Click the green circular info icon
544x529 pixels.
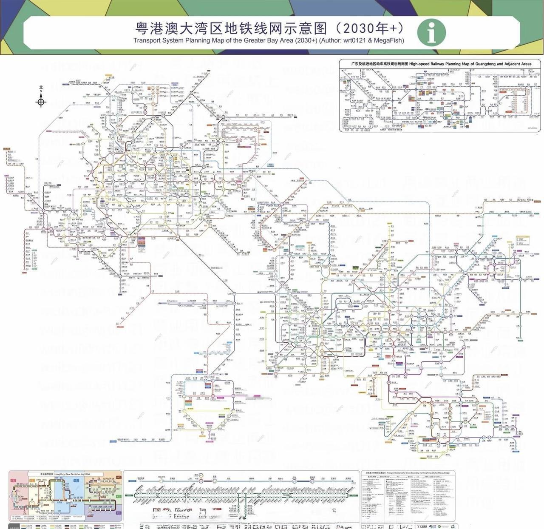click(x=431, y=31)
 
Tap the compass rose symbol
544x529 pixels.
click(x=41, y=101)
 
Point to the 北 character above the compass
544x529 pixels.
click(x=41, y=88)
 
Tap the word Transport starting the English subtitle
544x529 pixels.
click(x=147, y=40)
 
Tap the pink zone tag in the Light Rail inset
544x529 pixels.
click(x=13, y=481)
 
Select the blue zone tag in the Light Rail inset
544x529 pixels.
click(x=76, y=481)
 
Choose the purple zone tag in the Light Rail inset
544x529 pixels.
click(x=119, y=513)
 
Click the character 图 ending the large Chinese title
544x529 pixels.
click(x=321, y=28)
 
